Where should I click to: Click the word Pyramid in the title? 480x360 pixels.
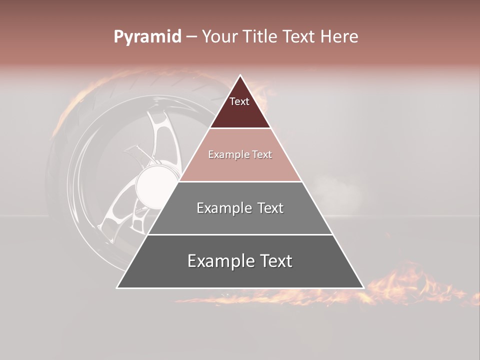tap(147, 37)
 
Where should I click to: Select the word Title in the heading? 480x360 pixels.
tap(260, 37)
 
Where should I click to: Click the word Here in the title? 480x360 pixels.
tap(339, 37)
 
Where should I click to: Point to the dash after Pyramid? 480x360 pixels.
tap(191, 37)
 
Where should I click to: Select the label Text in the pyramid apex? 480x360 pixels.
tap(239, 101)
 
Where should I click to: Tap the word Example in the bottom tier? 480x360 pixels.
tap(220, 261)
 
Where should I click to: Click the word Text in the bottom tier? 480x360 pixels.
tap(276, 261)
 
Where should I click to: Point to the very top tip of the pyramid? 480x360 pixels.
tap(240, 76)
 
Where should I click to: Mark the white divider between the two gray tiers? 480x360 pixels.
tap(240, 234)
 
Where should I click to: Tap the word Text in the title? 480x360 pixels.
tap(298, 37)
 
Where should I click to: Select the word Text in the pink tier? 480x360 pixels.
tap(262, 155)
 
